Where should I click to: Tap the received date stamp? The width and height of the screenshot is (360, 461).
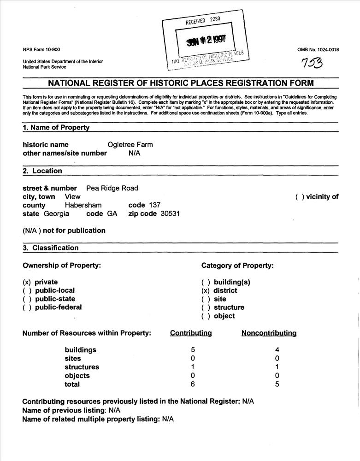click(206, 39)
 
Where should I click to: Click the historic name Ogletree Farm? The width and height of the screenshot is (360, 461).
click(130, 145)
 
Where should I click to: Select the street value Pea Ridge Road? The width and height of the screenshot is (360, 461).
click(112, 188)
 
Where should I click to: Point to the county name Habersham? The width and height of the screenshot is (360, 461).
click(83, 205)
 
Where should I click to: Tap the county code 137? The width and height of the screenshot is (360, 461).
click(153, 205)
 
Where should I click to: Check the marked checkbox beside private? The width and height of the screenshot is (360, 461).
click(27, 282)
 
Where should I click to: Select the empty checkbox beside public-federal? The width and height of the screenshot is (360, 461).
click(27, 307)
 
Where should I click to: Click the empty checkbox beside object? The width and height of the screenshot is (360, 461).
click(205, 316)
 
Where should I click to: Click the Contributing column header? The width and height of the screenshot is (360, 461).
click(191, 333)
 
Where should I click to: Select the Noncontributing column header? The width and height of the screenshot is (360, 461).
click(269, 333)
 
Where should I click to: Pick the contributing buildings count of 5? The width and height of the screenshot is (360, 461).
click(193, 350)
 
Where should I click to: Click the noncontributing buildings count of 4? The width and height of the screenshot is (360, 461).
click(277, 350)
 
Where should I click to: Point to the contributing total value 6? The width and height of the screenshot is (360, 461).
click(193, 384)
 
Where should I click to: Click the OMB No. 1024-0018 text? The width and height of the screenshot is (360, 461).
click(318, 50)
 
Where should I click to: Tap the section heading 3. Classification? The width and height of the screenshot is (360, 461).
click(51, 248)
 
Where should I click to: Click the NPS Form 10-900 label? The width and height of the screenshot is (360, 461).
click(41, 50)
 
